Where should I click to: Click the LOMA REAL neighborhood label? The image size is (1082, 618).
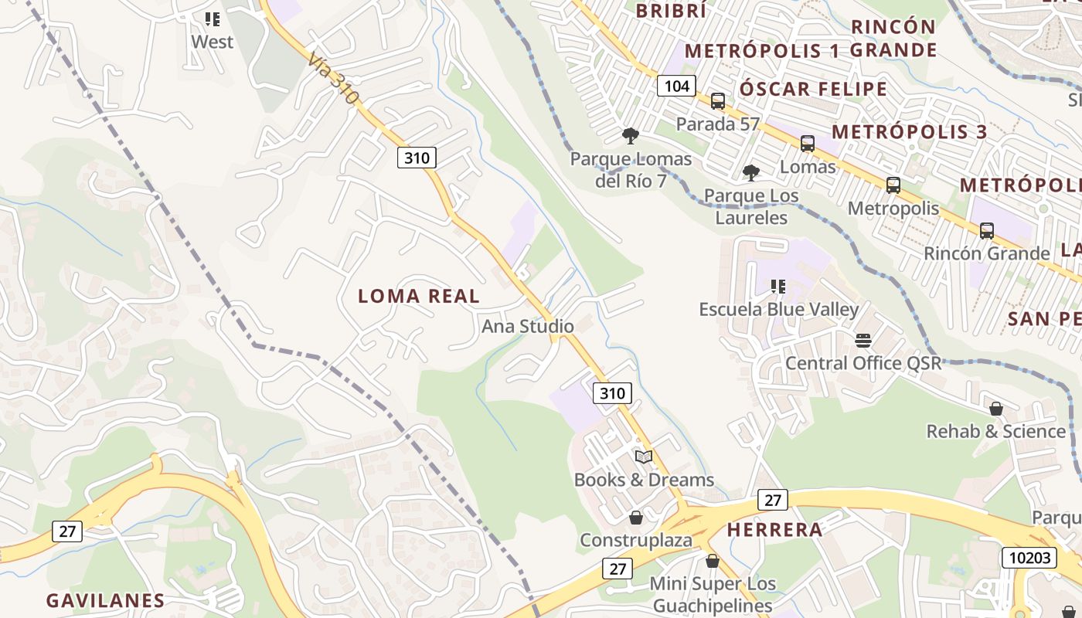tap(419, 296)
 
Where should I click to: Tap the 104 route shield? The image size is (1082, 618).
tap(676, 86)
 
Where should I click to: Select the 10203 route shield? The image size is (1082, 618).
tap(1029, 557)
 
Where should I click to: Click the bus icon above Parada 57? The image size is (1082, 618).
tap(718, 101)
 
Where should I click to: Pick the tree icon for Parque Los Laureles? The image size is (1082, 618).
tap(750, 173)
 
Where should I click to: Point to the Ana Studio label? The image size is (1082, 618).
tap(528, 326)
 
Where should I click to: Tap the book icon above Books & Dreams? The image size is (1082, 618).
tap(644, 457)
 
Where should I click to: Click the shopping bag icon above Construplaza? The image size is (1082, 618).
tap(636, 518)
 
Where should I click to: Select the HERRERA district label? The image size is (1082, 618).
tap(774, 530)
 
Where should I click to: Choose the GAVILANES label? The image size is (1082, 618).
tap(105, 600)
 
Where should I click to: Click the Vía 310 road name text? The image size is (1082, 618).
tap(332, 78)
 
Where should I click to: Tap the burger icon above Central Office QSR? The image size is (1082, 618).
tap(863, 341)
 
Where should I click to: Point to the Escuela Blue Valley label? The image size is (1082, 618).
tap(779, 309)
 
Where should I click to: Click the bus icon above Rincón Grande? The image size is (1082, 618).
tap(987, 230)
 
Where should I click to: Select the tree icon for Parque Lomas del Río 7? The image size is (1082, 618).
tap(631, 137)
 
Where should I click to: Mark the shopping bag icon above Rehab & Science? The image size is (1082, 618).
tap(996, 409)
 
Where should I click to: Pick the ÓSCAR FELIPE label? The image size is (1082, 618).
tap(813, 89)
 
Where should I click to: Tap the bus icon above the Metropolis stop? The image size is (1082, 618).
tap(893, 185)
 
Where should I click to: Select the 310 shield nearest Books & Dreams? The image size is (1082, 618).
tap(612, 393)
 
